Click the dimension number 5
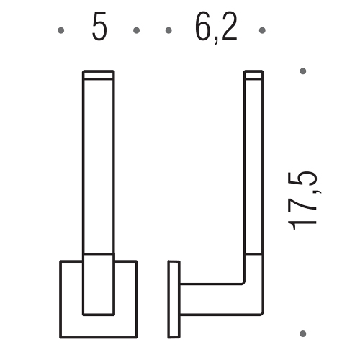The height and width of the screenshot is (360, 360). click(99, 28)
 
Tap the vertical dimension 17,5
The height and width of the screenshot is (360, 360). click(304, 201)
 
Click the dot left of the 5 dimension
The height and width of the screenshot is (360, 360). click(60, 30)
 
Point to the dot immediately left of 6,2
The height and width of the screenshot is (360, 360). click(169, 30)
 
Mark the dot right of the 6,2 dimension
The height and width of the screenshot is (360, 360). click(263, 30)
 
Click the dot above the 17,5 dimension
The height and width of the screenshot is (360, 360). click(303, 71)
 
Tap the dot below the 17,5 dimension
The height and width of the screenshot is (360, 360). click(303, 333)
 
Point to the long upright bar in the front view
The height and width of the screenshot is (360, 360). click(99, 166)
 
